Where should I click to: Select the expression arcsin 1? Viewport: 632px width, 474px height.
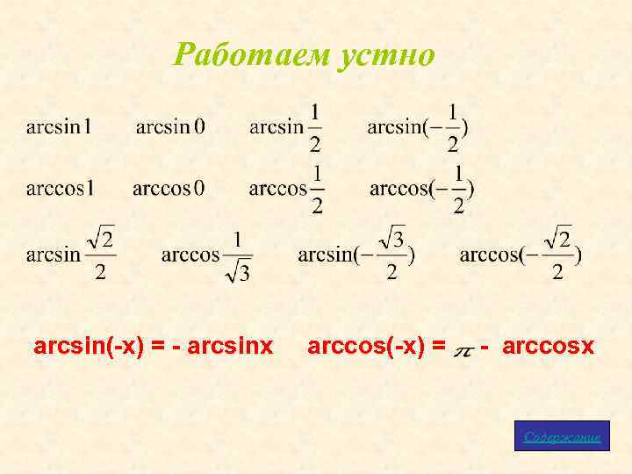pos(60,127)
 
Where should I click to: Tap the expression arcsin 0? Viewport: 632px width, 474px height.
pos(170,127)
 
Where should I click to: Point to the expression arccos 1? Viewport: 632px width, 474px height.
pos(60,189)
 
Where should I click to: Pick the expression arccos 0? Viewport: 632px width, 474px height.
pos(169,189)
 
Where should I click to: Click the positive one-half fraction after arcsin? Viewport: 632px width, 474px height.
pos(315,127)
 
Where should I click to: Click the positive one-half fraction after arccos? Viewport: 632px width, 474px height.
pos(317,189)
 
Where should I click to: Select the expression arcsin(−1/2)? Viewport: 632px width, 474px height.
pos(418,127)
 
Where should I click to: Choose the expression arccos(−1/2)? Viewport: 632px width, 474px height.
pos(422,189)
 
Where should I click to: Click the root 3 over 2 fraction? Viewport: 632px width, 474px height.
pos(391,255)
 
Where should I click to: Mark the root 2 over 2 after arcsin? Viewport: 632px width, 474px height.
pos(102,255)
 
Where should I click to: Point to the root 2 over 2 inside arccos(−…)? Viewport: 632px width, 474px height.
pos(557,255)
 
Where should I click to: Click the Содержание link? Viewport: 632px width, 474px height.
pos(562,437)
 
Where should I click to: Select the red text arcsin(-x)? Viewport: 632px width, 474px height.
pos(89,348)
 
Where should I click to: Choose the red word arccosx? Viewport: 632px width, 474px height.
pos(551,348)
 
